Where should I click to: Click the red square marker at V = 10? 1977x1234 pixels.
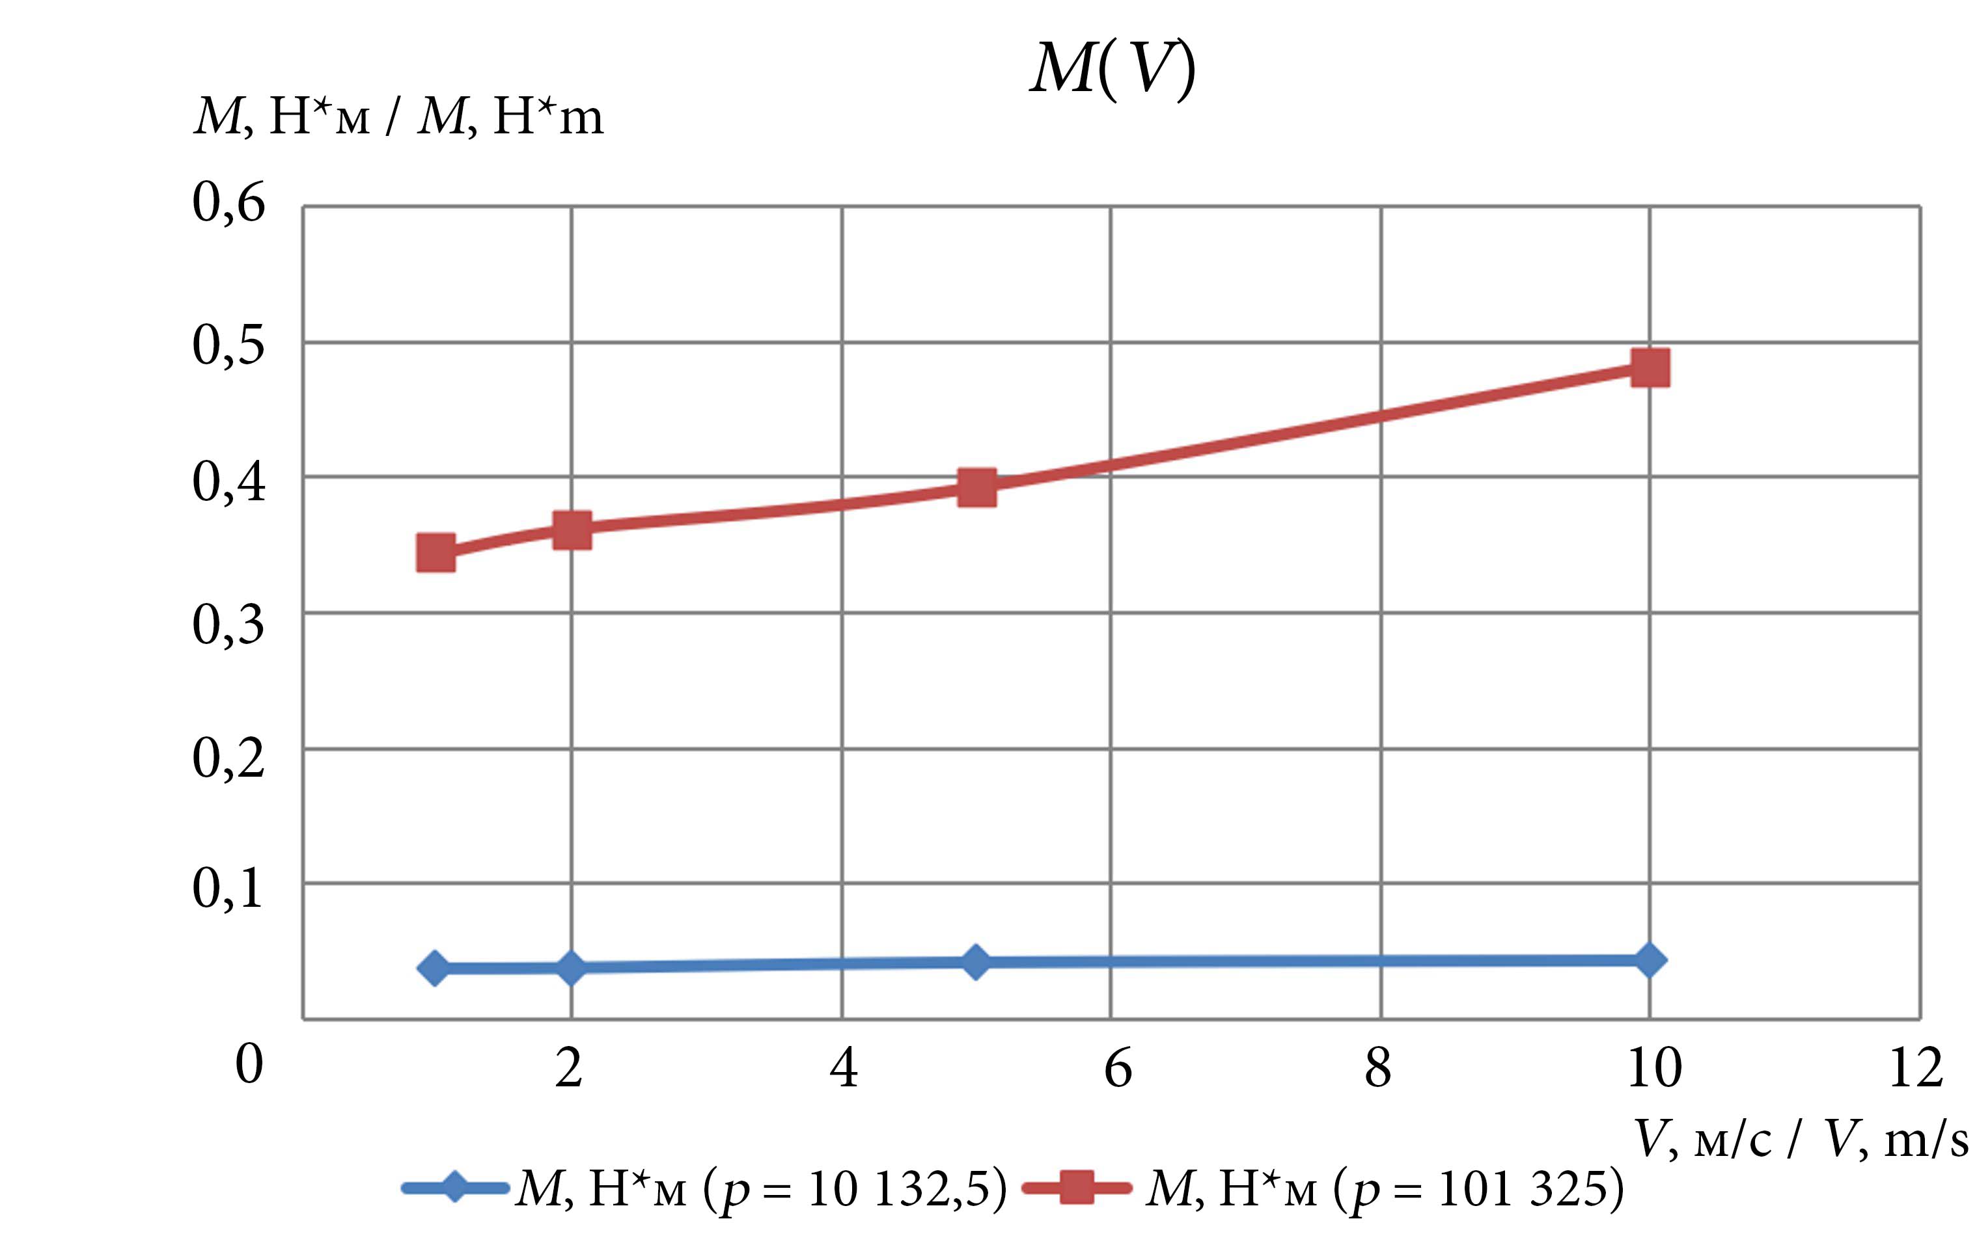point(1650,368)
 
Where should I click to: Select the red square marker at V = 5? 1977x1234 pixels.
point(976,487)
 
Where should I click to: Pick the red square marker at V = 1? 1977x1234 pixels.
point(436,552)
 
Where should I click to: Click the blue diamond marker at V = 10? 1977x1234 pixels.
point(1650,959)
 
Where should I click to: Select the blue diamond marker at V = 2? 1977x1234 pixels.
point(572,968)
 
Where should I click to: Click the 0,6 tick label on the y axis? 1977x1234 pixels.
point(228,202)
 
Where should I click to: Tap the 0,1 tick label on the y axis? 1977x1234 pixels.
point(228,888)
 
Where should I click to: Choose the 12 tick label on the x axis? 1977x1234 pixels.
point(1916,1067)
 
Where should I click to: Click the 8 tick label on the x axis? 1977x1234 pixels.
point(1378,1067)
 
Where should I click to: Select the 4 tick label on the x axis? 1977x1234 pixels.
point(844,1067)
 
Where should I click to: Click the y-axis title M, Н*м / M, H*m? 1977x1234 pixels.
point(398,116)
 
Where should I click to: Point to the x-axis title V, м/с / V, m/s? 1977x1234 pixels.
point(1801,1138)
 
